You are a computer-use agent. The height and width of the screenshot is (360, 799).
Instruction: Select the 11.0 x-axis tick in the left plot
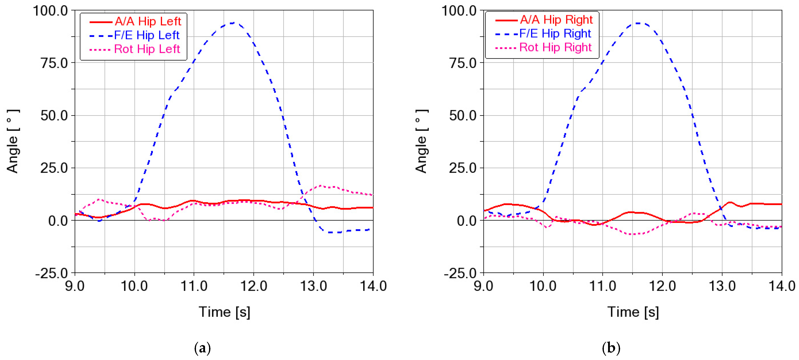click(x=194, y=286)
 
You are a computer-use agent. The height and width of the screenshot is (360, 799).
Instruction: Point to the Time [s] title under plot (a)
click(x=224, y=312)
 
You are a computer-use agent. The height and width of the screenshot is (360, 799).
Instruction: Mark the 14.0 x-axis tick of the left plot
click(x=373, y=286)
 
